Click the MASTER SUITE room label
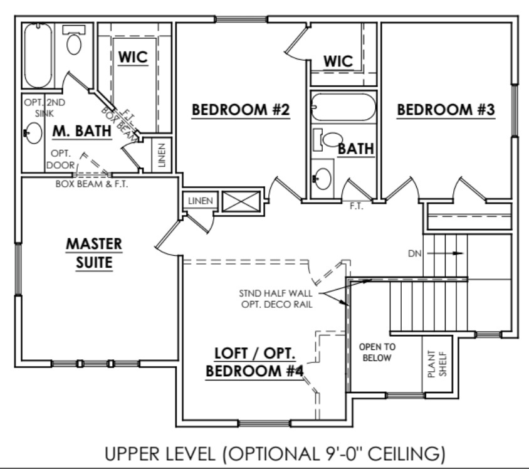point(94,253)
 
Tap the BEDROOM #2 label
point(240,110)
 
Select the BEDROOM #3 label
point(446,110)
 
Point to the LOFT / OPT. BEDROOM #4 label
point(255,361)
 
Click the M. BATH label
point(81,131)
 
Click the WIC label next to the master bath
point(133,56)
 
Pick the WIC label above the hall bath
point(338,61)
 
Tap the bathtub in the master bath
point(38,55)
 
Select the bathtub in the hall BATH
point(343,107)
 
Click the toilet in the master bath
point(75,42)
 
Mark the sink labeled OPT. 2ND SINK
point(33,133)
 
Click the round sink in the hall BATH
point(323,178)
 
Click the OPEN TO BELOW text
point(375,352)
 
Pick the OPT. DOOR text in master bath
point(60,159)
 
